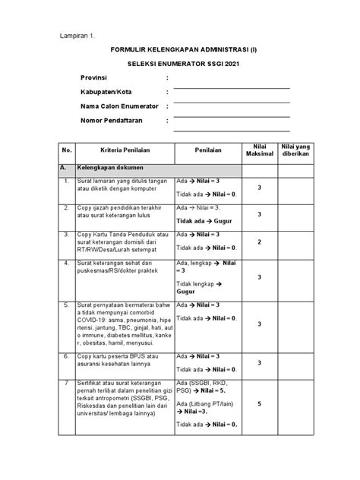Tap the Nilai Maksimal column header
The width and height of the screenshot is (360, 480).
click(259, 150)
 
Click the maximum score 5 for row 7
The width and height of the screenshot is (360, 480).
click(259, 403)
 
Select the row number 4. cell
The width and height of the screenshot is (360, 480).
click(67, 264)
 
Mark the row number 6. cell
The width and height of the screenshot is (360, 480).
click(67, 355)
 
